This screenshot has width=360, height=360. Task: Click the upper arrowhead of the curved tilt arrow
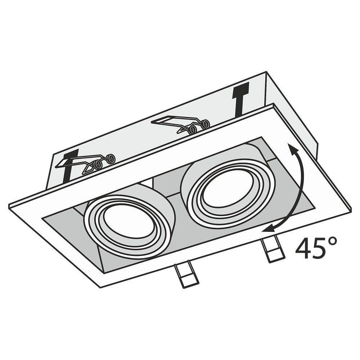coord(292,149)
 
